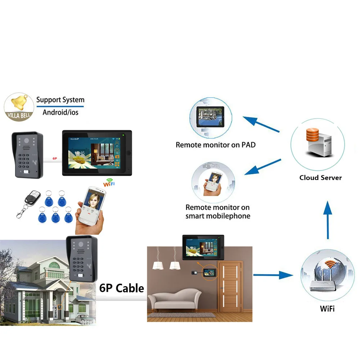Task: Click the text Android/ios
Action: coord(60,112)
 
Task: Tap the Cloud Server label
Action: coord(320,177)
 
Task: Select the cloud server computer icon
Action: coord(317,143)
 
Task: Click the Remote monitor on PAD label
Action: coord(215,145)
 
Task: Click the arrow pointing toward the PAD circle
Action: coord(261,124)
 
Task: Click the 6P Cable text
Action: coord(121,288)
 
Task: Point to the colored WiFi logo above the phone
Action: coord(108,184)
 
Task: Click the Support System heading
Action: coord(60,100)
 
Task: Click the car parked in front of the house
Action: coord(84,319)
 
